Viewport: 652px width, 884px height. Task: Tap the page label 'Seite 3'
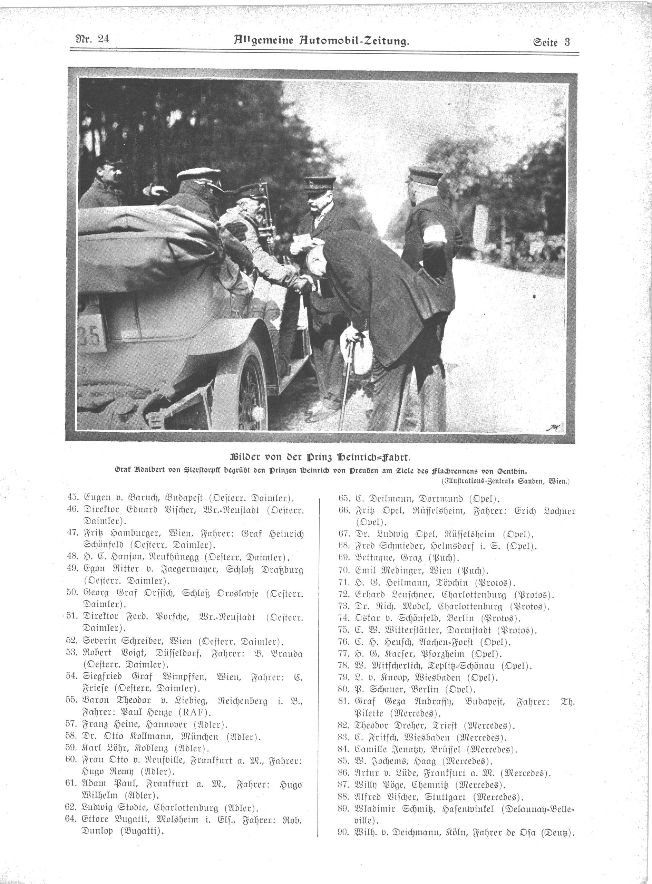pos(550,41)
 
